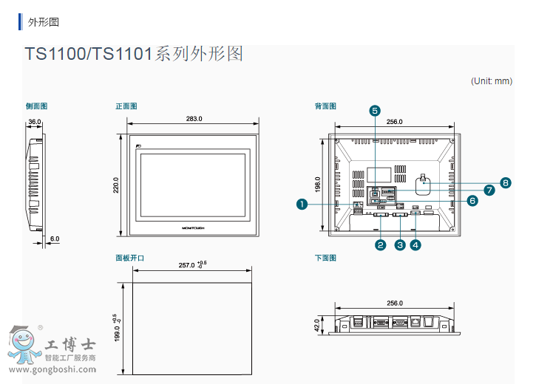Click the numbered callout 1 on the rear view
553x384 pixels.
coord(302,204)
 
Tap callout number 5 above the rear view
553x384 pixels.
coord(375,111)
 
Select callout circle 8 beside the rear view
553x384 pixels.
coord(506,182)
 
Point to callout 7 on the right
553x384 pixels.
coord(489,190)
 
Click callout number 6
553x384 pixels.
coord(472,200)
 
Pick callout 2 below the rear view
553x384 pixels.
coord(381,244)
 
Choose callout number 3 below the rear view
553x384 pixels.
coord(400,244)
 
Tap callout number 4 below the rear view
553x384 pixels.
coord(415,244)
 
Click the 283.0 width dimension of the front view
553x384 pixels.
coord(194,119)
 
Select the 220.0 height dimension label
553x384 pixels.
coord(116,185)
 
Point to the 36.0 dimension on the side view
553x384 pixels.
coord(35,122)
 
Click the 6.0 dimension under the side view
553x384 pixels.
coord(55,239)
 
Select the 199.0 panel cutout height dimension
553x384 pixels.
coord(116,328)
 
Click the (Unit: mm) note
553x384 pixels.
coord(492,81)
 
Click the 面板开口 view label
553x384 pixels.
coord(129,258)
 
